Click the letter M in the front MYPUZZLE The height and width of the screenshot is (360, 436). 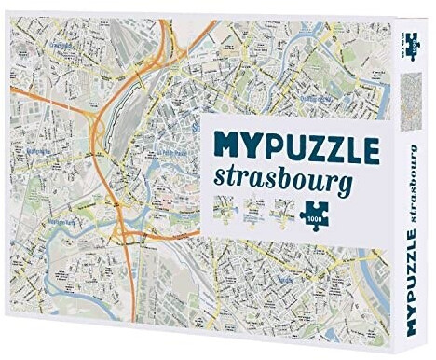tap(232, 149)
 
